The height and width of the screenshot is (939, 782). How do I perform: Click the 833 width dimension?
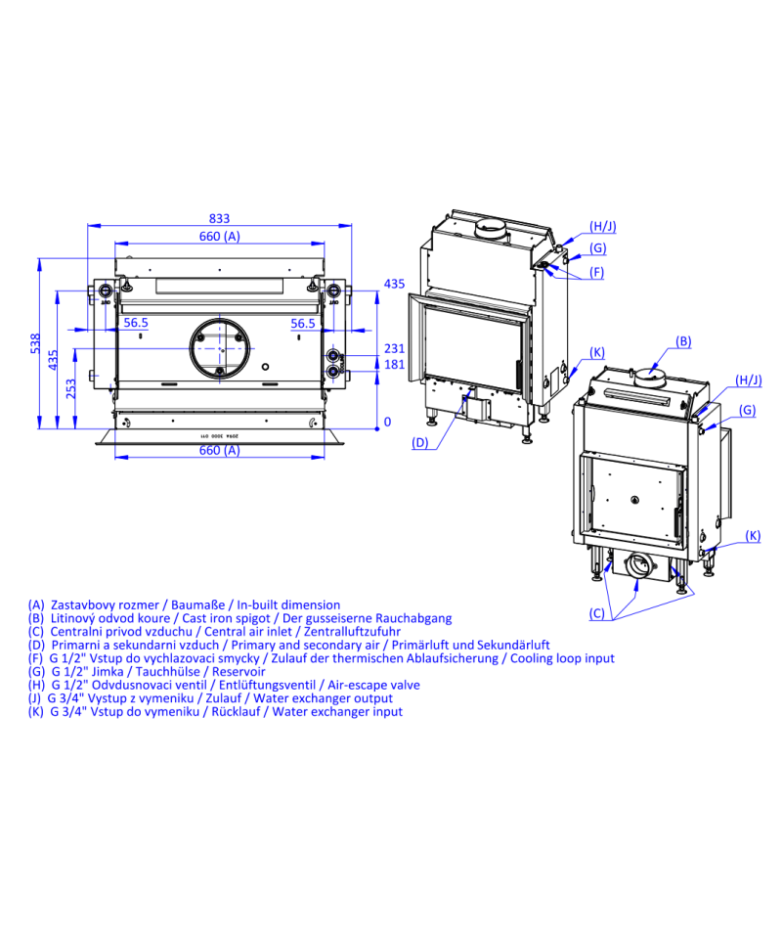(x=220, y=218)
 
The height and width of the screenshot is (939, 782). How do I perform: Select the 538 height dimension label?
(x=35, y=343)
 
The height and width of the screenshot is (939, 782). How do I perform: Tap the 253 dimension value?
(x=70, y=388)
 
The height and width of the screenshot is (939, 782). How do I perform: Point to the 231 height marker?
(x=394, y=348)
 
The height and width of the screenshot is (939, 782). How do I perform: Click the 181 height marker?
(x=394, y=365)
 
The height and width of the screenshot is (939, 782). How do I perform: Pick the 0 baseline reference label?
(x=387, y=423)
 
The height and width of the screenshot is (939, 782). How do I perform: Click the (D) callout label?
(x=420, y=443)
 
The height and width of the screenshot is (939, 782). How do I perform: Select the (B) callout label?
(x=683, y=341)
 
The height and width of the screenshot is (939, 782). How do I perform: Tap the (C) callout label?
(x=597, y=613)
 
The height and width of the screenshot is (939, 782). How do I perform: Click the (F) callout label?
(x=596, y=273)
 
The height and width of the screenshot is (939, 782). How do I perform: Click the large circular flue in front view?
(x=220, y=348)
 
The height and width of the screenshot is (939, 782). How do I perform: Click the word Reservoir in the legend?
(x=239, y=671)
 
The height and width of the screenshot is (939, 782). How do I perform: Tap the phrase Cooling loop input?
(x=562, y=658)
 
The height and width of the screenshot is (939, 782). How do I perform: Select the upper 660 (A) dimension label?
(x=220, y=236)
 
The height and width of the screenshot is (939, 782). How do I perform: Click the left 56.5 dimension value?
(x=136, y=323)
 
